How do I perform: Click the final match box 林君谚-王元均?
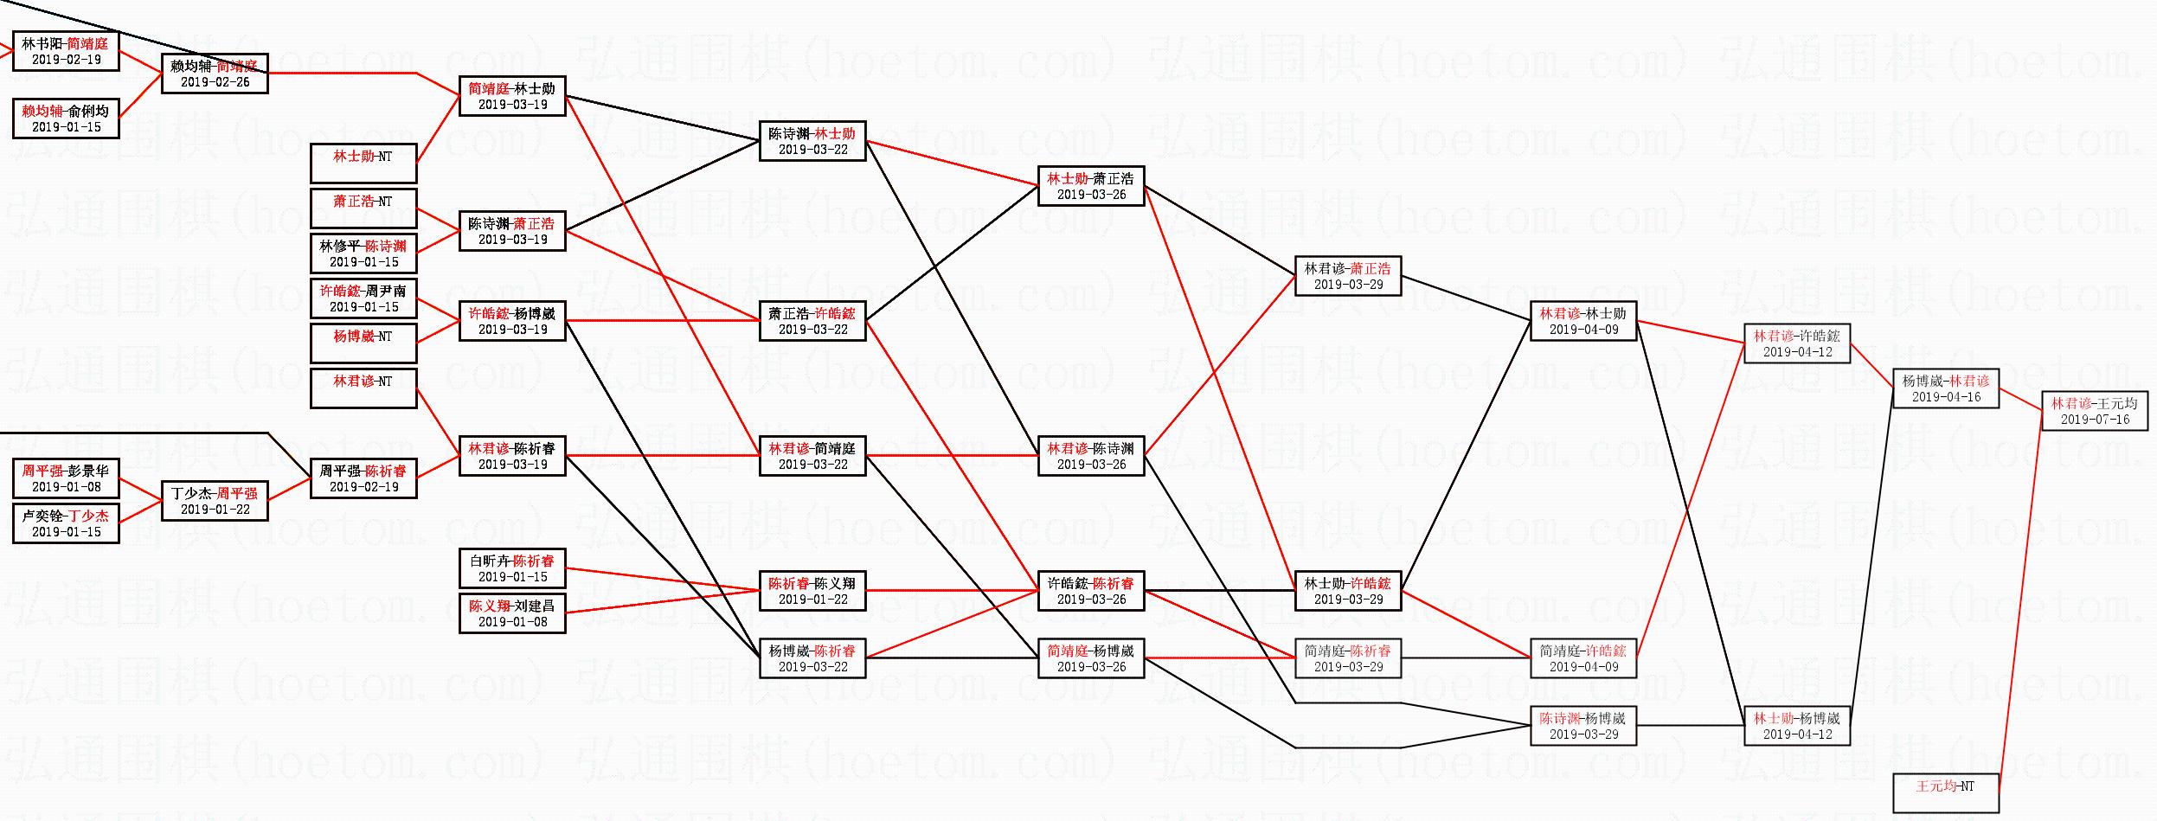tap(2094, 411)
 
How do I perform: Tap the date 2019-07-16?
tap(2095, 420)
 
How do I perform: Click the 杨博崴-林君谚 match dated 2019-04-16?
tap(1945, 388)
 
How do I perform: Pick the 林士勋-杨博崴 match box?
tap(1797, 726)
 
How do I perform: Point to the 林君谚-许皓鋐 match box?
tap(1797, 343)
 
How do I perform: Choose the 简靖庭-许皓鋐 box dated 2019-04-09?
tap(1583, 658)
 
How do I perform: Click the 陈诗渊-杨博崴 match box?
tap(1583, 726)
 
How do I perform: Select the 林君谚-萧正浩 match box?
tap(1348, 276)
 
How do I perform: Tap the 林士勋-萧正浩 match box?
tap(1090, 186)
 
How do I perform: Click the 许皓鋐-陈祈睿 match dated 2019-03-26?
tap(1090, 591)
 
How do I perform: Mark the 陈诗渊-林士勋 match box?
tap(812, 141)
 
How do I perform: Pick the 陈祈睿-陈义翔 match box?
tap(812, 591)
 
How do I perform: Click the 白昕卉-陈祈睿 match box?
tap(512, 568)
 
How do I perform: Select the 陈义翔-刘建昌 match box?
tap(512, 613)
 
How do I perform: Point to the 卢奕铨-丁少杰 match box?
tap(66, 523)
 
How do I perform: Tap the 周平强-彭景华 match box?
tap(66, 478)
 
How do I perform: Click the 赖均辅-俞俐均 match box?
tap(66, 119)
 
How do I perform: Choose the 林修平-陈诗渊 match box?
tap(363, 253)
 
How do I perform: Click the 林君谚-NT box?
tap(363, 388)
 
